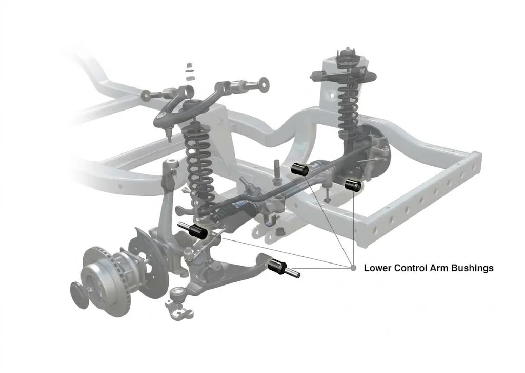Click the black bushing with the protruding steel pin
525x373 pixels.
click(x=278, y=265)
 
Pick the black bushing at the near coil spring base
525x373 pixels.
click(x=198, y=231)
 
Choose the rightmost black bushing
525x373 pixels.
click(x=354, y=185)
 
